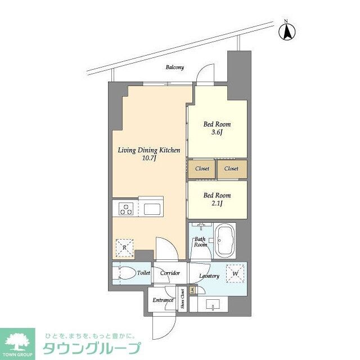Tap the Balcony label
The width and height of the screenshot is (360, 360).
pyautogui.click(x=174, y=67)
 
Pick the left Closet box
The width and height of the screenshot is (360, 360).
pyautogui.click(x=202, y=169)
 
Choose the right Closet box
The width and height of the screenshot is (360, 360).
pyautogui.click(x=231, y=169)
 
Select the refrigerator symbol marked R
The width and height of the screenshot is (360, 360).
pyautogui.click(x=124, y=246)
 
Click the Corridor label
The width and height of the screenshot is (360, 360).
pyautogui.click(x=169, y=273)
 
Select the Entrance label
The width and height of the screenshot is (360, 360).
pyautogui.click(x=163, y=300)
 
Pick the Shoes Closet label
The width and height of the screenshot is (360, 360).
pyautogui.click(x=183, y=300)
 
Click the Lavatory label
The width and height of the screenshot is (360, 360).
pyautogui.click(x=209, y=276)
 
